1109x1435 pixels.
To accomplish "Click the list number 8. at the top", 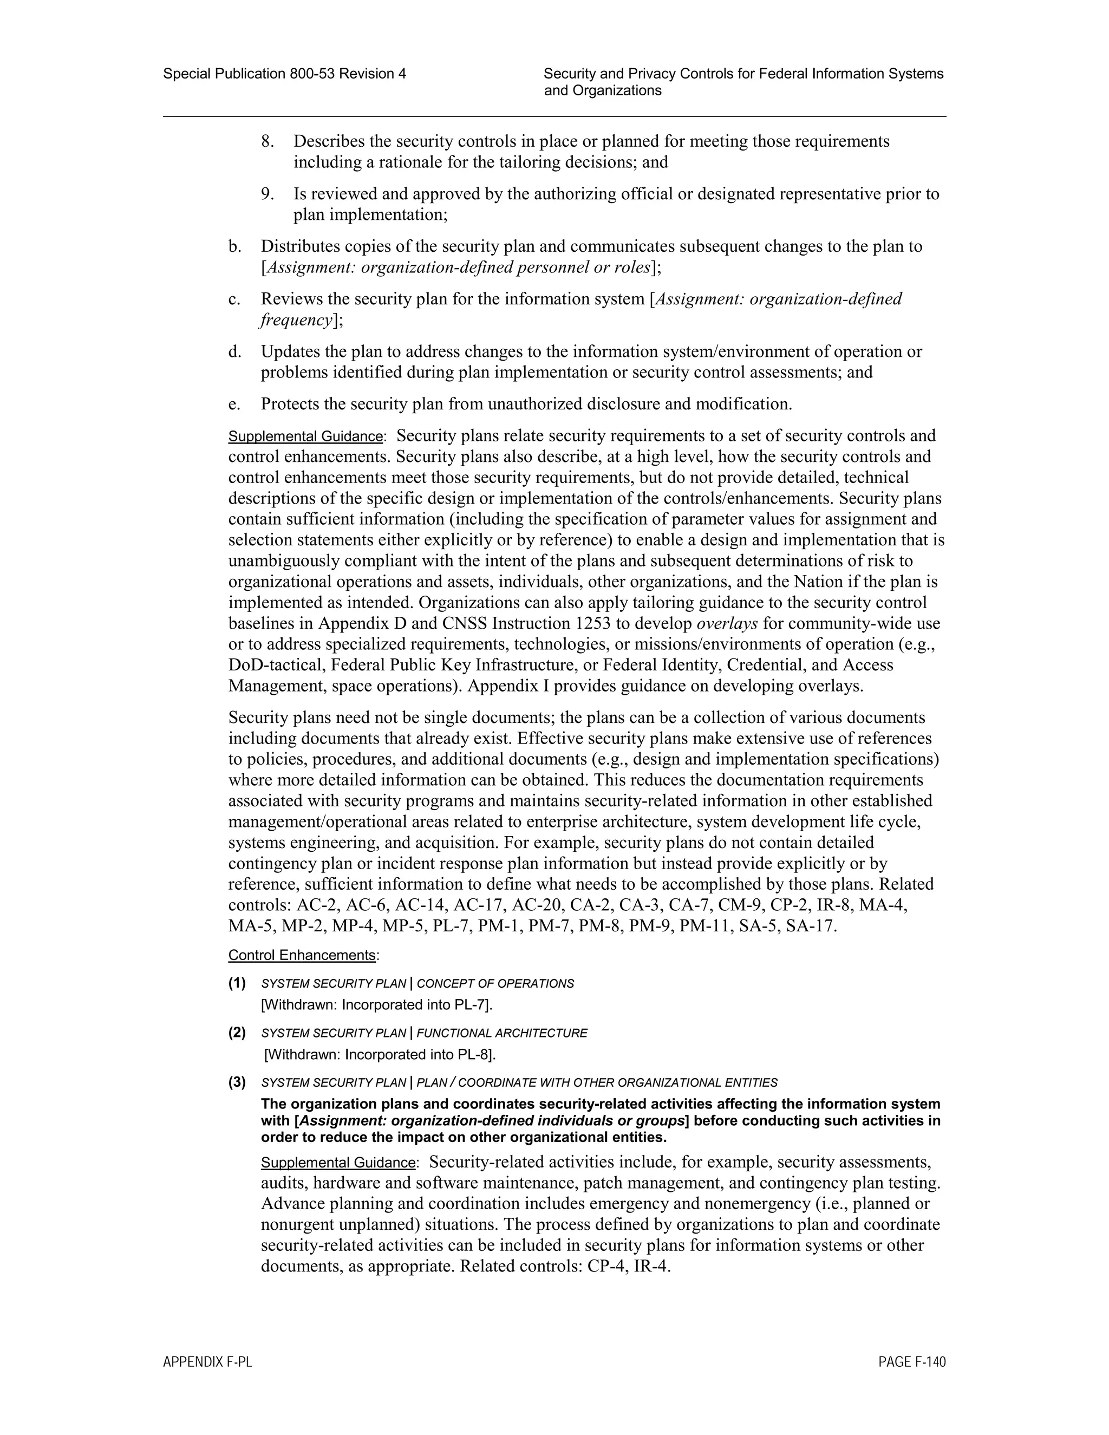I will (268, 141).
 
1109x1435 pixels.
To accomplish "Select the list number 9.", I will (268, 194).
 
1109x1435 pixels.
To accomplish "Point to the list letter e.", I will (234, 404).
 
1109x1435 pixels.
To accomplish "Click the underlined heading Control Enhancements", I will (302, 955).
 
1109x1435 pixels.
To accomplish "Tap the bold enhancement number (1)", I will (237, 983).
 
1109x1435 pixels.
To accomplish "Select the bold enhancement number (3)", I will (237, 1082).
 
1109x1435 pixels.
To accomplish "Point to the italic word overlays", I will (727, 623).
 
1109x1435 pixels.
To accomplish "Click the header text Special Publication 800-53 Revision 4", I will (284, 74).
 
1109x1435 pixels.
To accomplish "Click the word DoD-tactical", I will (276, 665).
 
